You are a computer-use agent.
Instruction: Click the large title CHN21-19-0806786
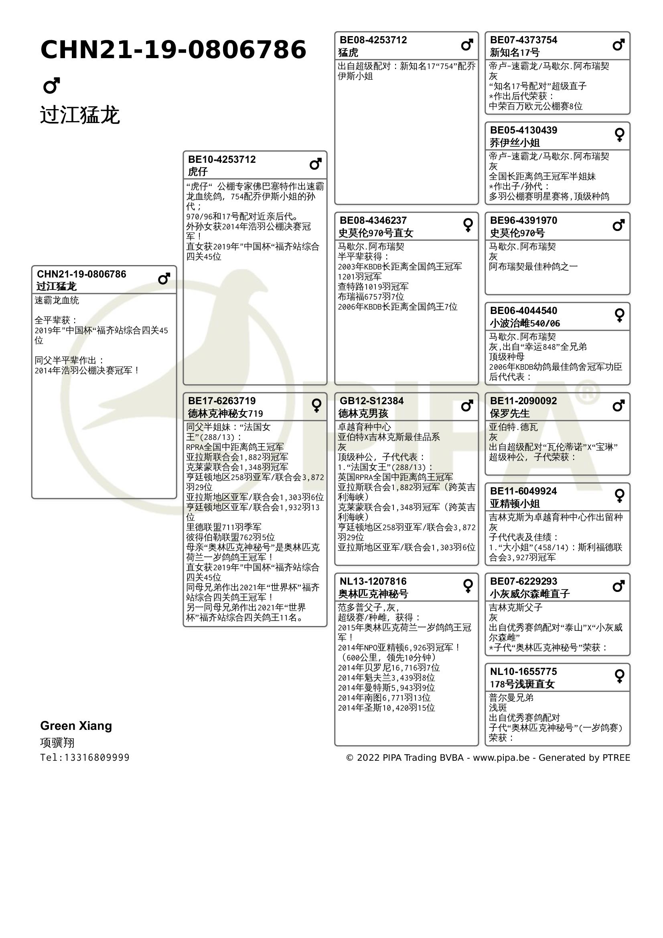pyautogui.click(x=173, y=50)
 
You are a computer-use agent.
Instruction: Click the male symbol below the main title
pyautogui.click(x=51, y=85)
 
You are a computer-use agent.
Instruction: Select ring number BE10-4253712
pyautogui.click(x=222, y=159)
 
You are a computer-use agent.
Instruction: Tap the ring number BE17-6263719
pyautogui.click(x=222, y=401)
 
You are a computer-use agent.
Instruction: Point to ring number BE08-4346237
pyautogui.click(x=373, y=221)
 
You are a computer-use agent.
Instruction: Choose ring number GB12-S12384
pyautogui.click(x=372, y=401)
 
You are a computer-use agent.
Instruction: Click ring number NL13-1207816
pyautogui.click(x=373, y=581)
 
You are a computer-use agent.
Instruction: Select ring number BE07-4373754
pyautogui.click(x=524, y=40)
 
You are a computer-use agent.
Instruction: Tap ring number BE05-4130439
pyautogui.click(x=524, y=130)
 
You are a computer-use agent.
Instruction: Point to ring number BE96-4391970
pyautogui.click(x=524, y=221)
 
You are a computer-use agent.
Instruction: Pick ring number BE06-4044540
pyautogui.click(x=524, y=311)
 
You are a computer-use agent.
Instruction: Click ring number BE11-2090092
pyautogui.click(x=524, y=401)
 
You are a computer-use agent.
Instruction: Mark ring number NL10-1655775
pyautogui.click(x=524, y=672)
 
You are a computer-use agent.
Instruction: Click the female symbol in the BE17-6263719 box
pyautogui.click(x=316, y=406)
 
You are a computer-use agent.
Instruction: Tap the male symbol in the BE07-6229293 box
pyautogui.click(x=619, y=586)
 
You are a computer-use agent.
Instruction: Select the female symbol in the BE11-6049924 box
pyautogui.click(x=620, y=496)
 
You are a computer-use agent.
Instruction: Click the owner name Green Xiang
pyautogui.click(x=76, y=726)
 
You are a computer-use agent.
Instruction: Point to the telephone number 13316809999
pyautogui.click(x=97, y=758)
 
